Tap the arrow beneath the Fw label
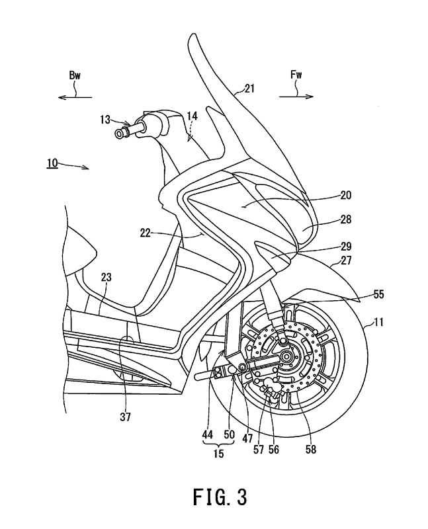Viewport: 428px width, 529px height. (296, 97)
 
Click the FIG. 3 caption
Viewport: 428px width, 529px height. (214, 497)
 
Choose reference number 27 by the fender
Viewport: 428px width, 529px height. (346, 261)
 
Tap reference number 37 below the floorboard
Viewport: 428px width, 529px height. (126, 417)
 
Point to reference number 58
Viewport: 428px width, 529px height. (311, 448)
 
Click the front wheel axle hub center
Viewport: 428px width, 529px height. (288, 358)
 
